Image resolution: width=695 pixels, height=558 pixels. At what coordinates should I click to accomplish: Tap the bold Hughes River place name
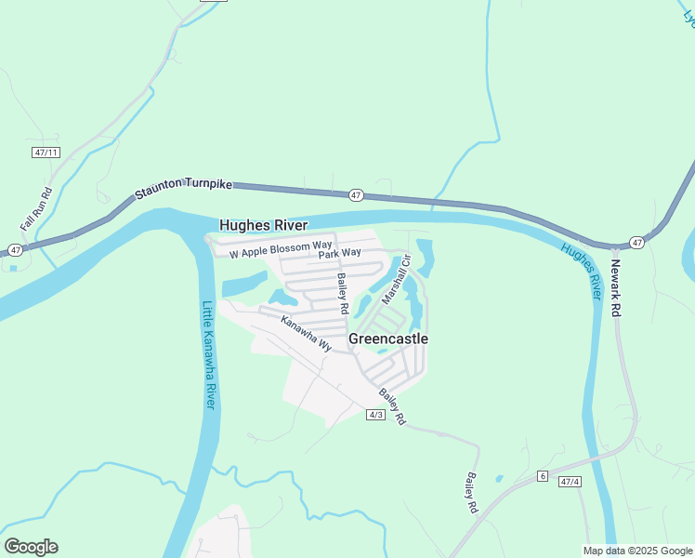263,225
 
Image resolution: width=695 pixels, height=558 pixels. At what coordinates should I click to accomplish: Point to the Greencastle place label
388,339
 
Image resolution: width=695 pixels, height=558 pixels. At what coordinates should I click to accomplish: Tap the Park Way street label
339,253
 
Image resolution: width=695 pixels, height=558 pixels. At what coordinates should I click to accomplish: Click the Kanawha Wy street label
306,332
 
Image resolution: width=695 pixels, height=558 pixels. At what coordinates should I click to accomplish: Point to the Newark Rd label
614,286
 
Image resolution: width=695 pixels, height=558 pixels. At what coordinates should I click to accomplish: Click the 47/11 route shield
45,152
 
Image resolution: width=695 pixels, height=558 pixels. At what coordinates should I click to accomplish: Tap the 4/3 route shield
375,415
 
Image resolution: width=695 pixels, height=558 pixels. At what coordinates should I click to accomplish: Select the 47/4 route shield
570,482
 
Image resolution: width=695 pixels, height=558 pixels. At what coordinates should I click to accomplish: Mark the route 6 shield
542,476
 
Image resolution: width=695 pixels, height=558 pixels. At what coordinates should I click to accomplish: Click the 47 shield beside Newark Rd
636,242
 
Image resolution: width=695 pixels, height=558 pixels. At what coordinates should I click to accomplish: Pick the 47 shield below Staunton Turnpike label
357,195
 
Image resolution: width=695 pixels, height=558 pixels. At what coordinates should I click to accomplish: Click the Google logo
31,547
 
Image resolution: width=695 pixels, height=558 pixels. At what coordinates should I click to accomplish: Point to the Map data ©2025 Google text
636,551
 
